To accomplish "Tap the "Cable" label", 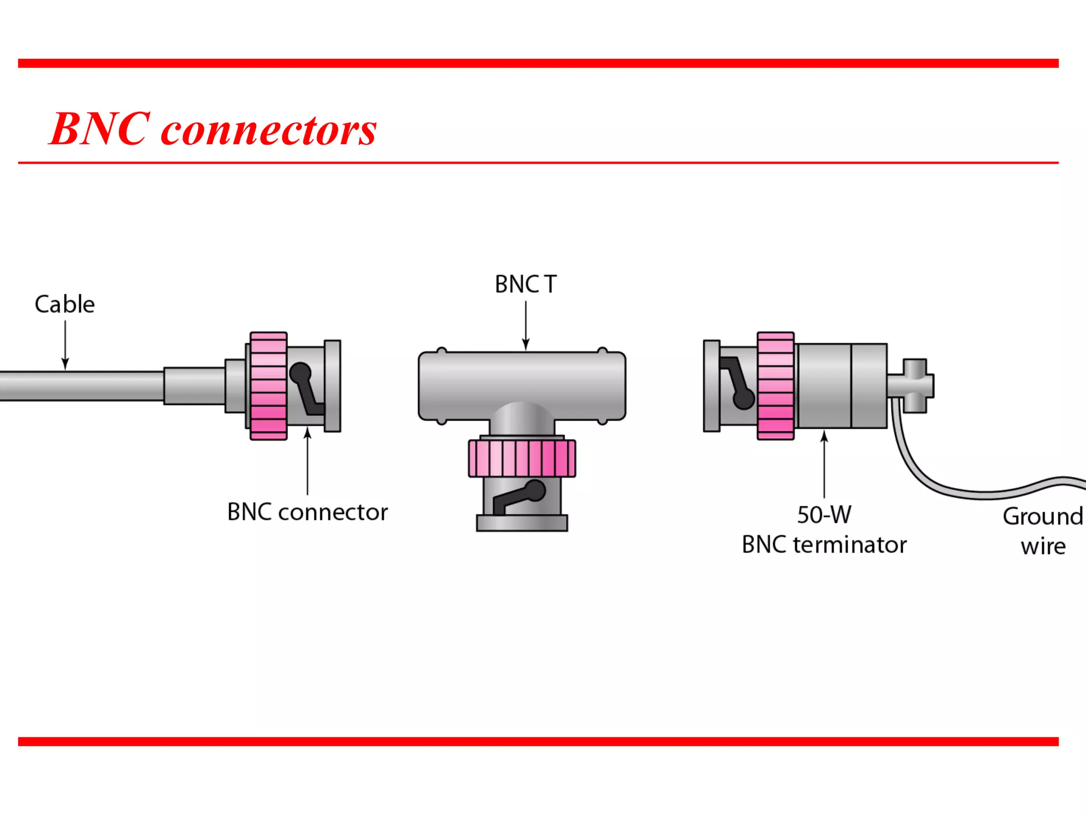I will pos(65,305).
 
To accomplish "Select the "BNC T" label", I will pos(526,285).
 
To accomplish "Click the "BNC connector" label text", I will pos(308,512).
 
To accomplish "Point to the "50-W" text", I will pos(824,515).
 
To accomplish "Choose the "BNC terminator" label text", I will pos(824,545).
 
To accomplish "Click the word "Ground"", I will pos(1042,517).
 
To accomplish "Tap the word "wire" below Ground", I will pos(1043,546).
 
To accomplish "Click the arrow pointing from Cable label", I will pos(65,344).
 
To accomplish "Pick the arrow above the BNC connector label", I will pos(308,461).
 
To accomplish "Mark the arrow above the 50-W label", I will pos(824,464).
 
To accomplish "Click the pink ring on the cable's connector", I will pos(268,386).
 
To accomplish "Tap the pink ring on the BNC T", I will pos(522,458).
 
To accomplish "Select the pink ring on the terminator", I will pos(775,386).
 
